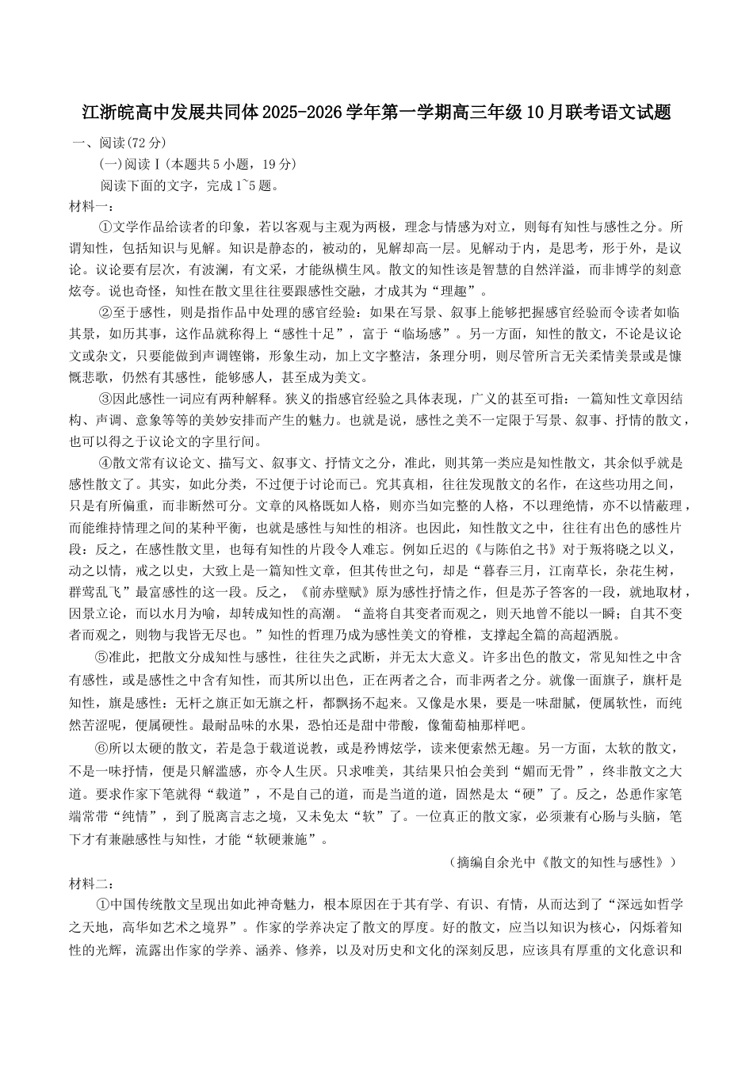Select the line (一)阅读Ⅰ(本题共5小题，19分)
pos(197,164)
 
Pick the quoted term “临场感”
pos(406,334)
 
